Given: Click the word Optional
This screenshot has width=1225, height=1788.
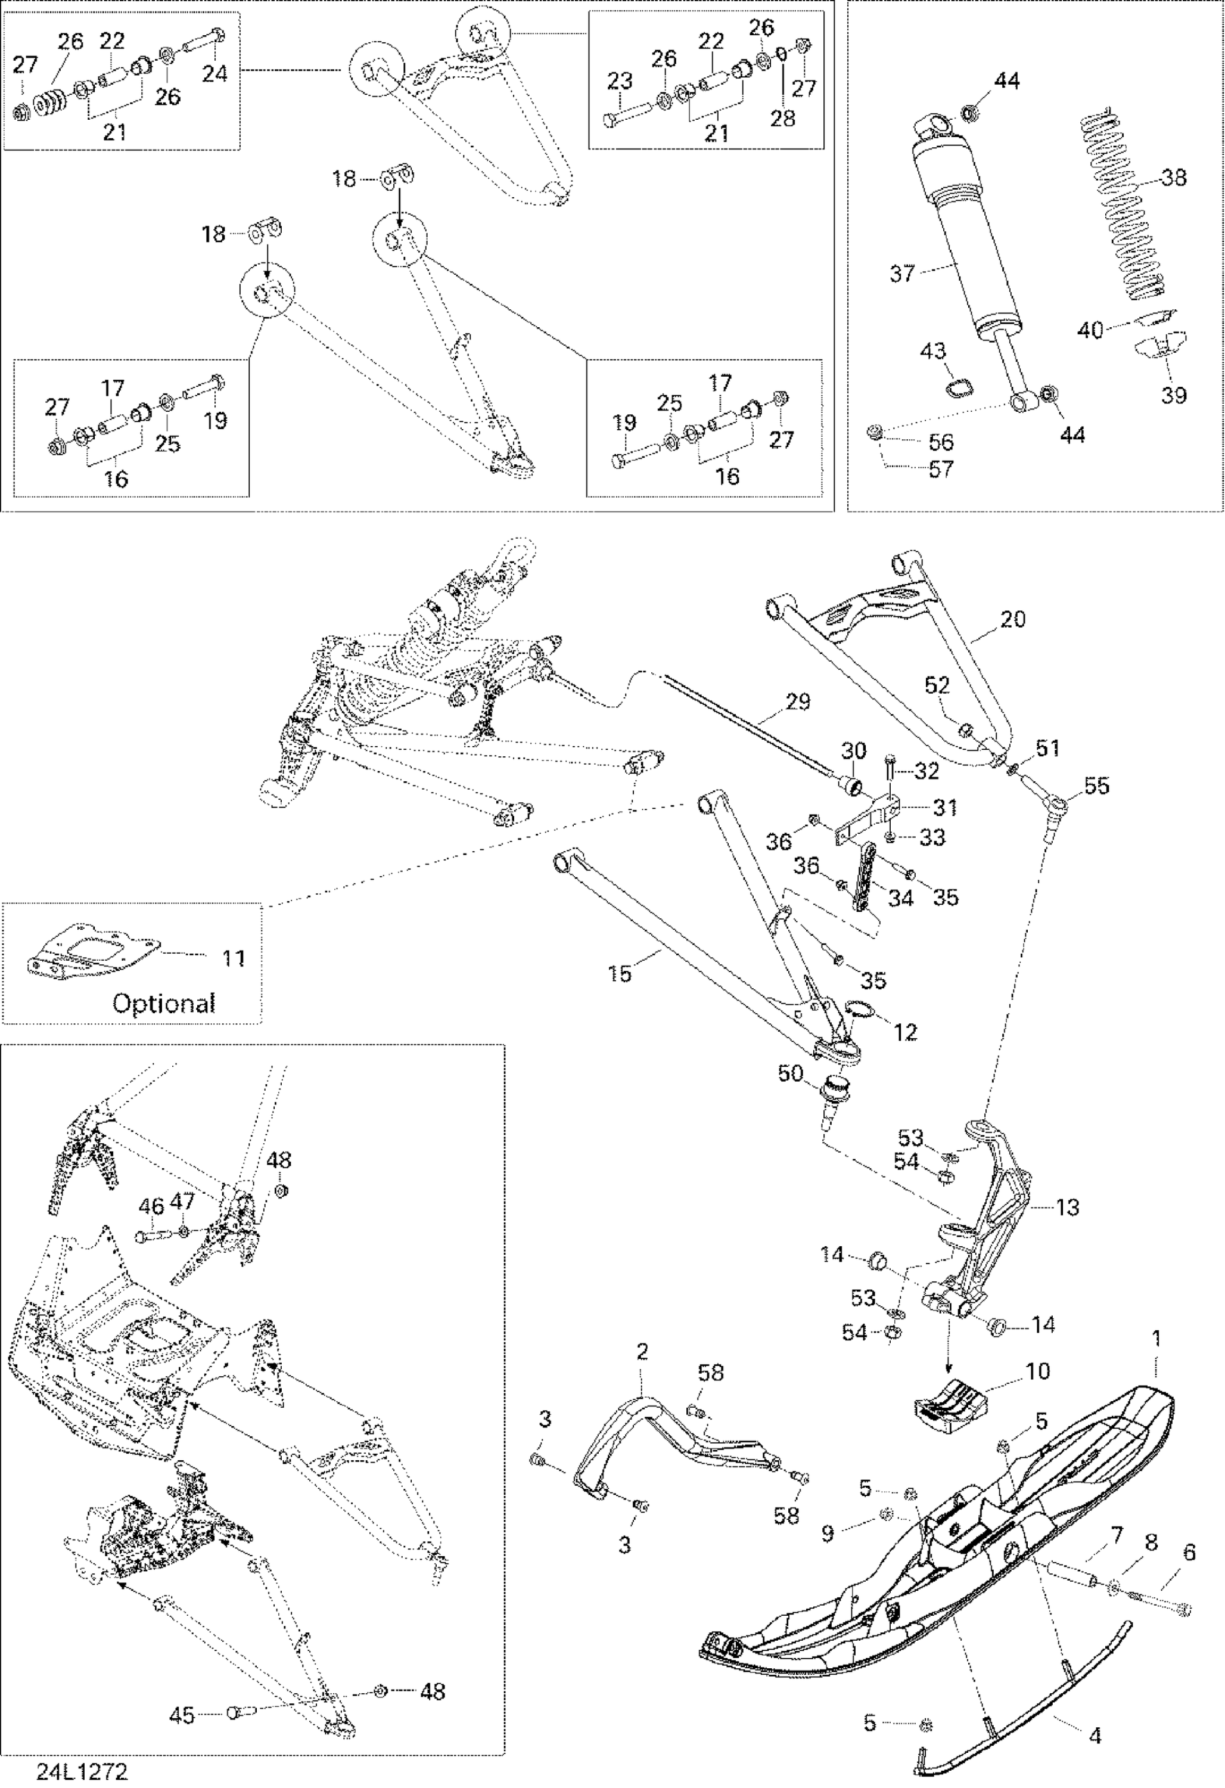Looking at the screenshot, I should [x=164, y=1003].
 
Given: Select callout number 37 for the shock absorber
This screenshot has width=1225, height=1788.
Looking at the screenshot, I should [x=902, y=273].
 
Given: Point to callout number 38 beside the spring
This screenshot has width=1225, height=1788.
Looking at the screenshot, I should [x=1174, y=178].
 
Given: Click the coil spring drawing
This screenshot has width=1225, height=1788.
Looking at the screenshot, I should [x=1127, y=208].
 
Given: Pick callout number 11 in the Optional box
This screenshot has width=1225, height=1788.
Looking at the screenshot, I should [x=234, y=958].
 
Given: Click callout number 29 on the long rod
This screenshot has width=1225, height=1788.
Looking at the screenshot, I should [x=798, y=701].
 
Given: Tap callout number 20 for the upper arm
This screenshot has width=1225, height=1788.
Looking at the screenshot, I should [x=1013, y=619].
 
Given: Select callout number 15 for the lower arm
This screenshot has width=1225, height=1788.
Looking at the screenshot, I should [x=620, y=974].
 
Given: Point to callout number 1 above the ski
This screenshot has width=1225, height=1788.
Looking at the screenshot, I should [x=1156, y=1339].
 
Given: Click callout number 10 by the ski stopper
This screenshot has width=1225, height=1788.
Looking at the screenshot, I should [x=1038, y=1372].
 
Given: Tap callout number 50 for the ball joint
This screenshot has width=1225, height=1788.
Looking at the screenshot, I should [x=791, y=1073].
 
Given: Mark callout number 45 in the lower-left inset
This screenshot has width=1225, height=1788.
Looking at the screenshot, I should [x=182, y=1711].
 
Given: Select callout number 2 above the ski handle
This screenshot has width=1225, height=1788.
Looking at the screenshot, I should [x=642, y=1352].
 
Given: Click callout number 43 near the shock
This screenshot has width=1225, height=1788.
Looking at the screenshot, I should [x=933, y=351].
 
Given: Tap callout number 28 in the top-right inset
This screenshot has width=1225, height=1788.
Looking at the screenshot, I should [x=783, y=118].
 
